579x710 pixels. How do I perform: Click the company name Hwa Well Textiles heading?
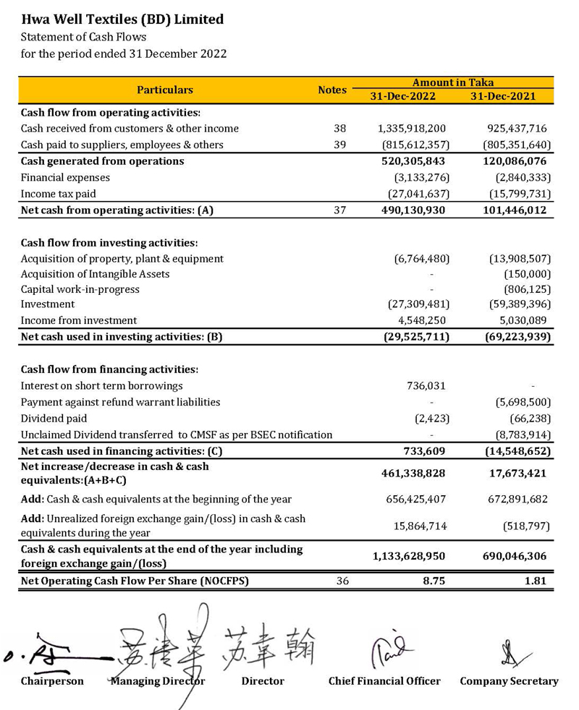[122, 20]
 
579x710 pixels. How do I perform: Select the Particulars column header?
[165, 90]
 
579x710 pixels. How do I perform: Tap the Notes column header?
[332, 90]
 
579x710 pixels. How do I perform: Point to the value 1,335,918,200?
[412, 129]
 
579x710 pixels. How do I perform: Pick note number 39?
[339, 145]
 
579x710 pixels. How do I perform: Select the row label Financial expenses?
[65, 177]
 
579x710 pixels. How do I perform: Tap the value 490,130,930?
[413, 210]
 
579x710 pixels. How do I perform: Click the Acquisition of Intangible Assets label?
[95, 274]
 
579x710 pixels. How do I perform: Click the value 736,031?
[426, 386]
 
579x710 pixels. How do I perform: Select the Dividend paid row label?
[54, 419]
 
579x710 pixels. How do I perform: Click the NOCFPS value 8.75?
[433, 580]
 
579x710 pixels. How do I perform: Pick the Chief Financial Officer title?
[384, 681]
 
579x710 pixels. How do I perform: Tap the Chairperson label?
[52, 681]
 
